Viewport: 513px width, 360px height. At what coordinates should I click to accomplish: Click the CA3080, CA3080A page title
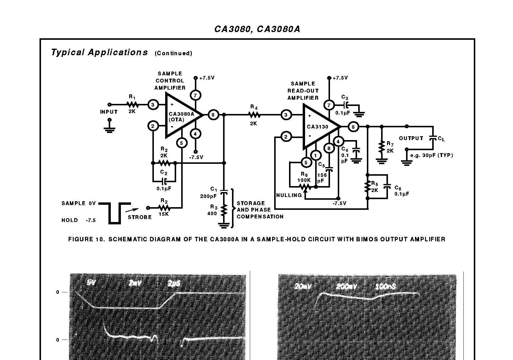pos(257,29)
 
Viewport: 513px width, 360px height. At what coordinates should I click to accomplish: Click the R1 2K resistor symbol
pos(132,104)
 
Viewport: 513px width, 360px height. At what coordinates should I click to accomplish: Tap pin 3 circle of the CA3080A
pos(153,104)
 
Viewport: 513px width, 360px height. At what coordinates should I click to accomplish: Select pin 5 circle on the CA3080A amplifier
pos(181,143)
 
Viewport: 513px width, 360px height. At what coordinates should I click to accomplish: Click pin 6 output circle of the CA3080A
pos(213,115)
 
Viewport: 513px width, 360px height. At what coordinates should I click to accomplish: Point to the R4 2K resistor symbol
pos(254,115)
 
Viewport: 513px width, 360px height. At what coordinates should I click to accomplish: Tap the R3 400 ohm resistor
pos(224,210)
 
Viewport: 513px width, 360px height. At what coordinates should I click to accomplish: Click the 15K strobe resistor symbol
pos(164,207)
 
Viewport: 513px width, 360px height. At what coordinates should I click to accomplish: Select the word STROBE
pos(140,217)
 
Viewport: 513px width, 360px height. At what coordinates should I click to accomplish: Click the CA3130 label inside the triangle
pos(318,127)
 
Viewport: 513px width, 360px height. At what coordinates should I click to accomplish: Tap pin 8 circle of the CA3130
pos(329,148)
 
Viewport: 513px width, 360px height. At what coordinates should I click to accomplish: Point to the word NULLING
pos(289,195)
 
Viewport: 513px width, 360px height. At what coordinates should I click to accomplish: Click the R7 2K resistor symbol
pos(382,148)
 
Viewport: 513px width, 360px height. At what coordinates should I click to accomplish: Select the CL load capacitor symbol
pos(433,138)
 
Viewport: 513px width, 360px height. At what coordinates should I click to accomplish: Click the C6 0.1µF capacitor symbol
pos(387,187)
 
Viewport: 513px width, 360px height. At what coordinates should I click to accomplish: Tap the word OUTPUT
pos(411,138)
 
